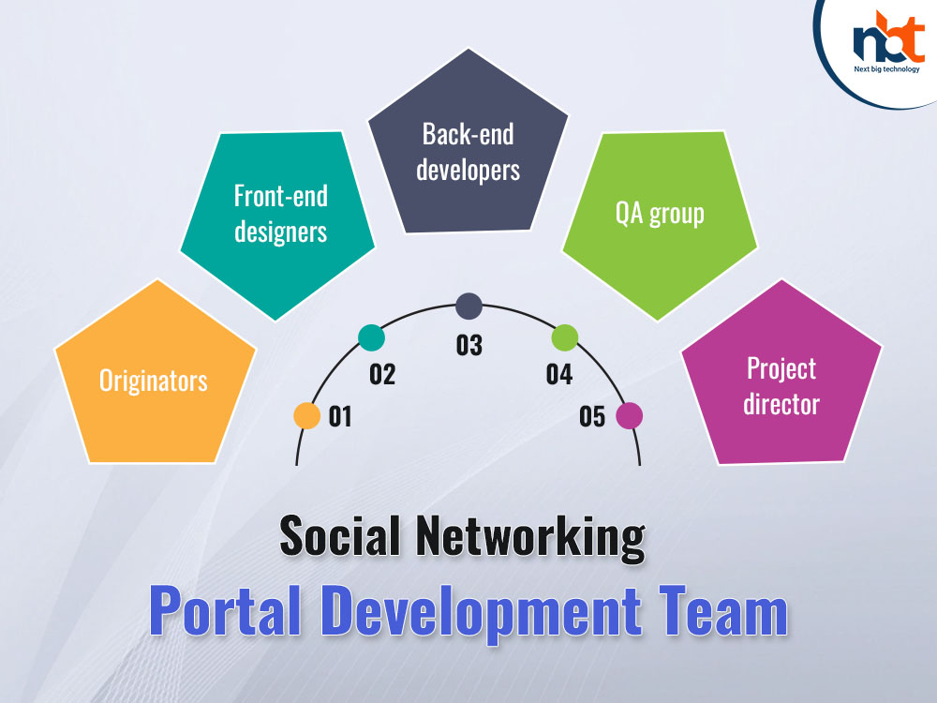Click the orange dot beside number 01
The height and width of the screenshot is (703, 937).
[x=307, y=415]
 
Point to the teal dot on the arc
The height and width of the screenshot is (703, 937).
[x=372, y=337]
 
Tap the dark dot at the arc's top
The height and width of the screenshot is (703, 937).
[x=469, y=307]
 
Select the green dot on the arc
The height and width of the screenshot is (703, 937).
[x=565, y=337]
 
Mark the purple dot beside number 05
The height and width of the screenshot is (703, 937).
[x=630, y=415]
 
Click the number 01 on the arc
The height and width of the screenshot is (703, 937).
[x=340, y=417]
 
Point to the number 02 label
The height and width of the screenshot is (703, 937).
[x=382, y=374]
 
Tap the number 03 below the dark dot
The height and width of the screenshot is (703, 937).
[x=469, y=346]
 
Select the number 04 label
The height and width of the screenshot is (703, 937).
[x=559, y=374]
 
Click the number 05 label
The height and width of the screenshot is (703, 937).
[x=592, y=417]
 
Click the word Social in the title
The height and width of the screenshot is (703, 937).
[x=340, y=535]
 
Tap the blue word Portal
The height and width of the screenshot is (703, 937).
[x=225, y=610]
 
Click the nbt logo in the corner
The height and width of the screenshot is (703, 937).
[x=888, y=42]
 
